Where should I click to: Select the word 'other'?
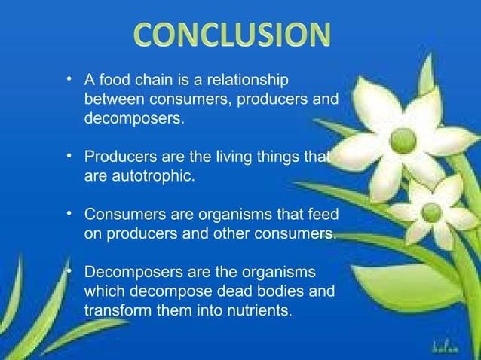pos(228,234)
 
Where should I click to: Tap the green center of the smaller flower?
pos(431,212)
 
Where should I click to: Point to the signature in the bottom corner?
pos(449,347)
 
